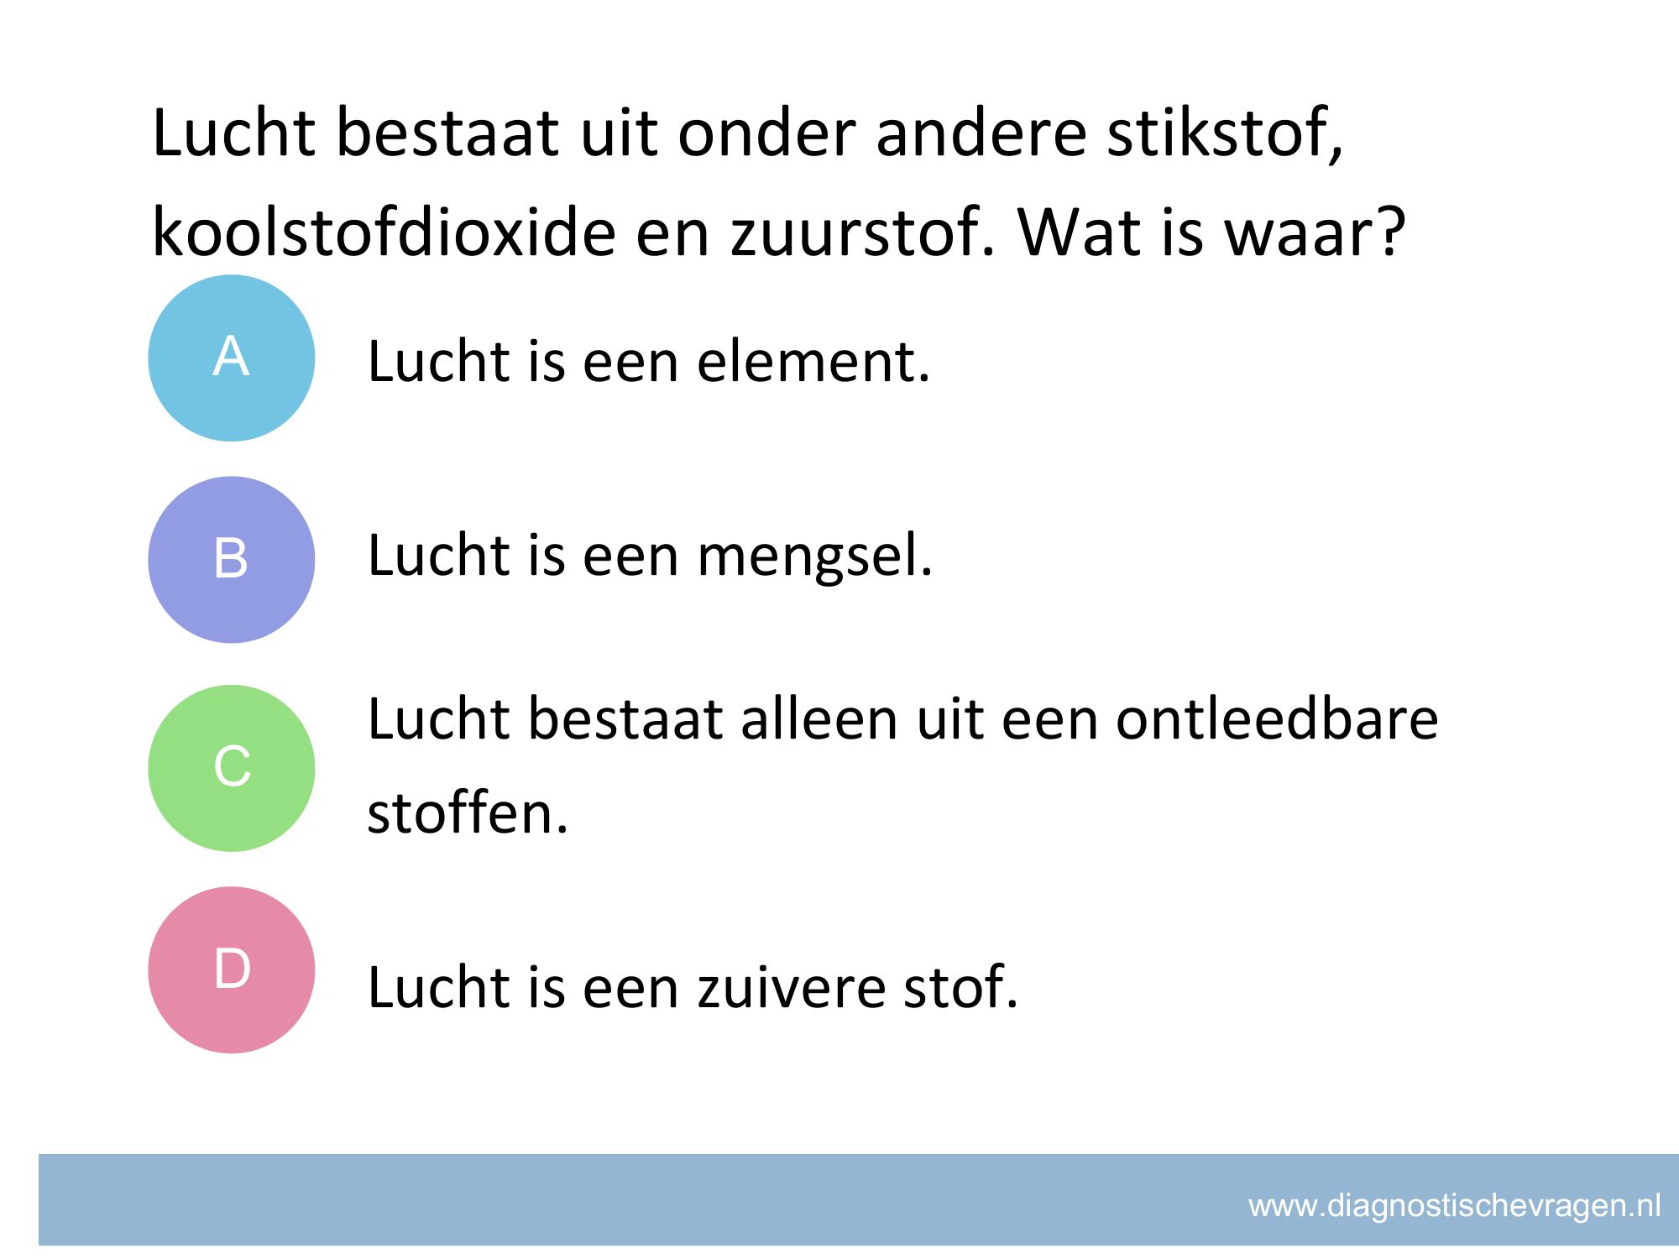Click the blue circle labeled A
pos(231,358)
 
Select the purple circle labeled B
pos(231,560)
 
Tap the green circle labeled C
pos(231,768)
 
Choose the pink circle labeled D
pos(231,969)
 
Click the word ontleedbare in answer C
pos(1277,719)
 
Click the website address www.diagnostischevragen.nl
pos(1455,1206)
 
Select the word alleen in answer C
pos(820,719)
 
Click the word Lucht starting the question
pos(233,134)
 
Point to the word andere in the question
pos(981,134)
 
